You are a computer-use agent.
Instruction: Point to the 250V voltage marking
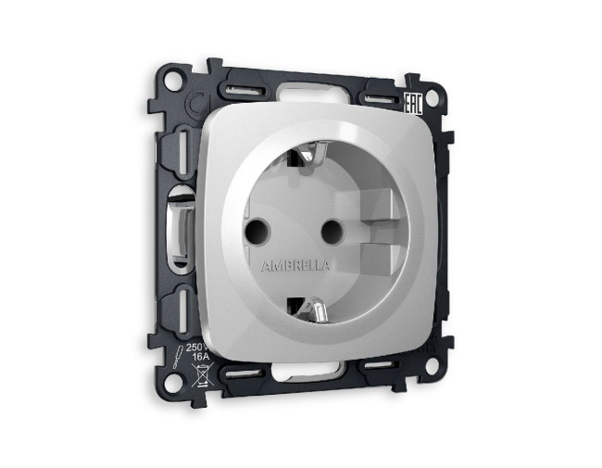pyautogui.click(x=198, y=347)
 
